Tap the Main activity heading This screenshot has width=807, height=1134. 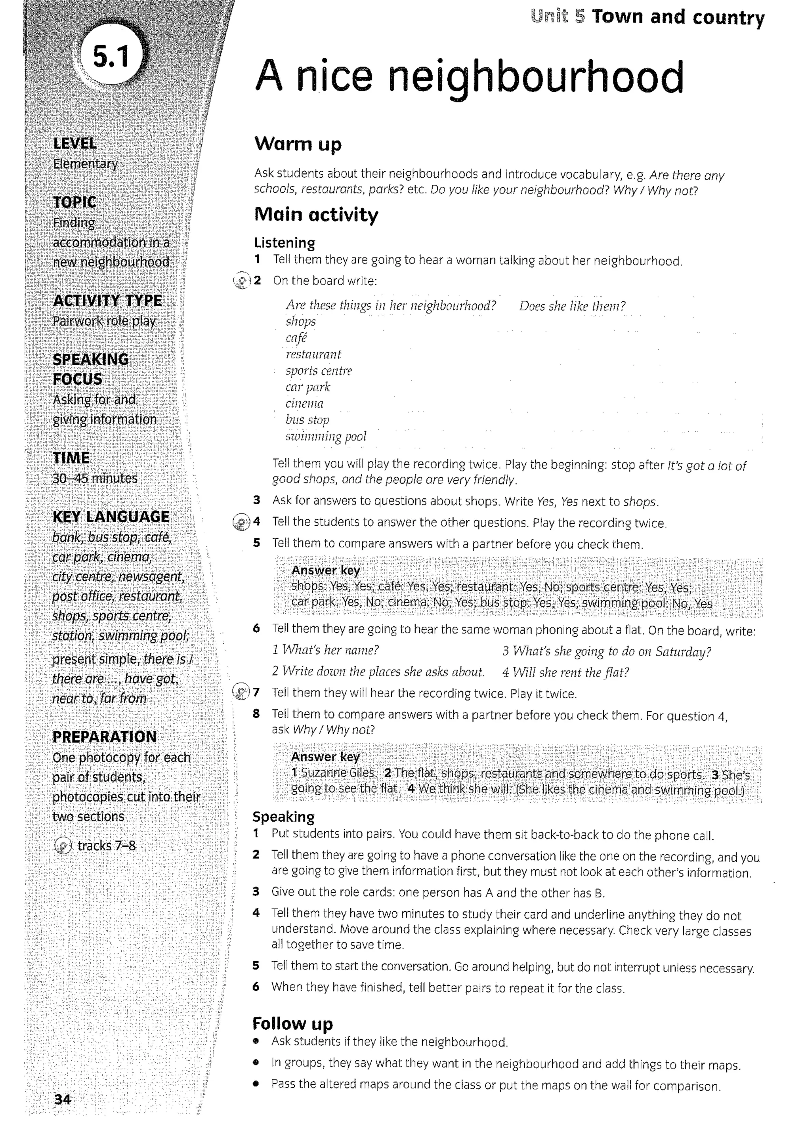(316, 215)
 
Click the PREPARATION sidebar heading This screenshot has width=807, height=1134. (104, 736)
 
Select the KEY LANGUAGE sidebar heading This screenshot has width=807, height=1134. (111, 517)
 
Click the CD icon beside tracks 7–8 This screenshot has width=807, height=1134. (63, 845)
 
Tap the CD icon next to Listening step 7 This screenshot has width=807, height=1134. (242, 692)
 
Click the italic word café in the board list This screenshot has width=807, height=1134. (296, 338)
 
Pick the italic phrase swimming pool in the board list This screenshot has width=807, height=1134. (325, 436)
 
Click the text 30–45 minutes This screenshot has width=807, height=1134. (95, 478)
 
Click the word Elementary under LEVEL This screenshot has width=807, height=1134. (86, 163)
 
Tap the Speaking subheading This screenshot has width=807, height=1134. (283, 817)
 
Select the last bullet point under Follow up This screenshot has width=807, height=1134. (495, 1085)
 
